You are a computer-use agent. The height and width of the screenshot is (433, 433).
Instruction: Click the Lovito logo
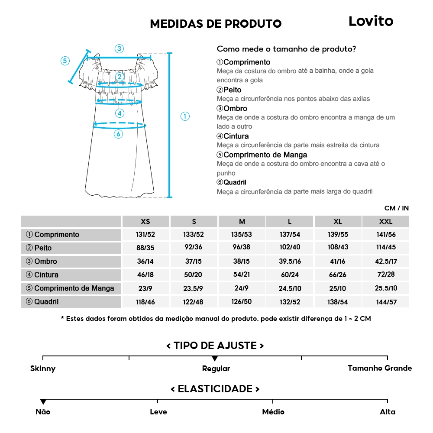371,21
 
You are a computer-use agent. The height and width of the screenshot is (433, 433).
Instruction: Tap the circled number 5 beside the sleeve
65,61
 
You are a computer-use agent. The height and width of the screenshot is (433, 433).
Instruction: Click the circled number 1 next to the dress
185,116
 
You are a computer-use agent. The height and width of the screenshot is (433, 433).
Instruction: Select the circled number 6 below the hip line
118,134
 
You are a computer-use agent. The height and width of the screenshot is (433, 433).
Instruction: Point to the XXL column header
385,221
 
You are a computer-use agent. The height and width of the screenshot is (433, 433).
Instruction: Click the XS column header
145,221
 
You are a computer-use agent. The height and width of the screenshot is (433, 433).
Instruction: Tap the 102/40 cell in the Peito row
290,248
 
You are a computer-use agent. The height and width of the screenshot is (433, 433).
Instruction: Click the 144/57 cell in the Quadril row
385,302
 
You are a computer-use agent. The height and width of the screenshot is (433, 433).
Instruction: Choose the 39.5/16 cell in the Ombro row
290,262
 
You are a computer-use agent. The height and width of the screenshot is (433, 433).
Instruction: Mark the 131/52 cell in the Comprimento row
145,235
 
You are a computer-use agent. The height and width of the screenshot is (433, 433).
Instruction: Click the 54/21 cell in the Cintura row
242,275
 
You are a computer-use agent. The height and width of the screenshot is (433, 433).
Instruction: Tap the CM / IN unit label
396,208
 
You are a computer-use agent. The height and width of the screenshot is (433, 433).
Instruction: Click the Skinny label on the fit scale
43,368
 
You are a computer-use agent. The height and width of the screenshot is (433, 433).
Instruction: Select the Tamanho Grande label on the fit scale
380,368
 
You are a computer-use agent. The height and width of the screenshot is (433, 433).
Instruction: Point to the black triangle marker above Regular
215,359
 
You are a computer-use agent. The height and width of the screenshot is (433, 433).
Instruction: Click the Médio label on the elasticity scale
273,412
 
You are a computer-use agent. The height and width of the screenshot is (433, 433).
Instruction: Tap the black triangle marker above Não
43,402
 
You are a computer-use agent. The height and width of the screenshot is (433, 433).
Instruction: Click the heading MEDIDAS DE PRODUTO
216,24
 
